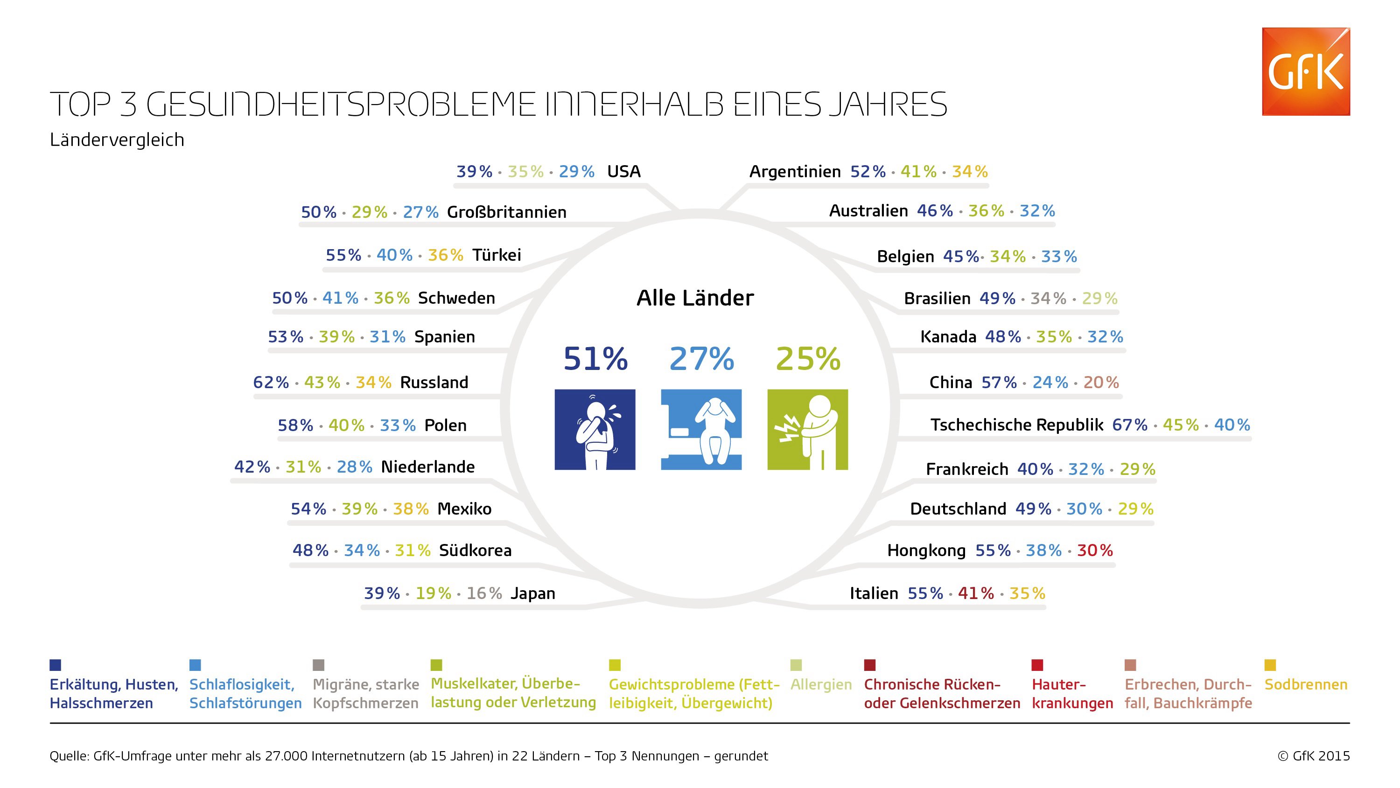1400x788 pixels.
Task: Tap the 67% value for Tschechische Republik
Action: coord(1130,425)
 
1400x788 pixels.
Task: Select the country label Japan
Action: coord(532,593)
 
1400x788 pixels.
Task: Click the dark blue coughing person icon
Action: coord(595,429)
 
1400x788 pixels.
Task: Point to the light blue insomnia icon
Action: coord(701,429)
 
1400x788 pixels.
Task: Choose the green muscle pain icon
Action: coord(808,429)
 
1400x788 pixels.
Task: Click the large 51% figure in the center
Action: coord(595,359)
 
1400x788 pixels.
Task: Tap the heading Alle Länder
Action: coord(695,298)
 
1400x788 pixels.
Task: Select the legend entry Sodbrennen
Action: coord(1306,684)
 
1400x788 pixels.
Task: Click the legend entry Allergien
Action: coord(821,685)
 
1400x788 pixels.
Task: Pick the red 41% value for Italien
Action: coord(975,593)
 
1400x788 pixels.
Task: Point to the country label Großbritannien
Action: coord(506,211)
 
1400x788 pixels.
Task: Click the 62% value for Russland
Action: coord(271,382)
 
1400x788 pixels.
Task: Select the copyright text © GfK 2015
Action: coord(1314,756)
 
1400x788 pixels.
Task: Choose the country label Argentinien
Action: coord(795,172)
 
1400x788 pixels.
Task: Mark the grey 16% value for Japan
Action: coord(483,593)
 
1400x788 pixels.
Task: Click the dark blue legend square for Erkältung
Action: coord(56,665)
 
